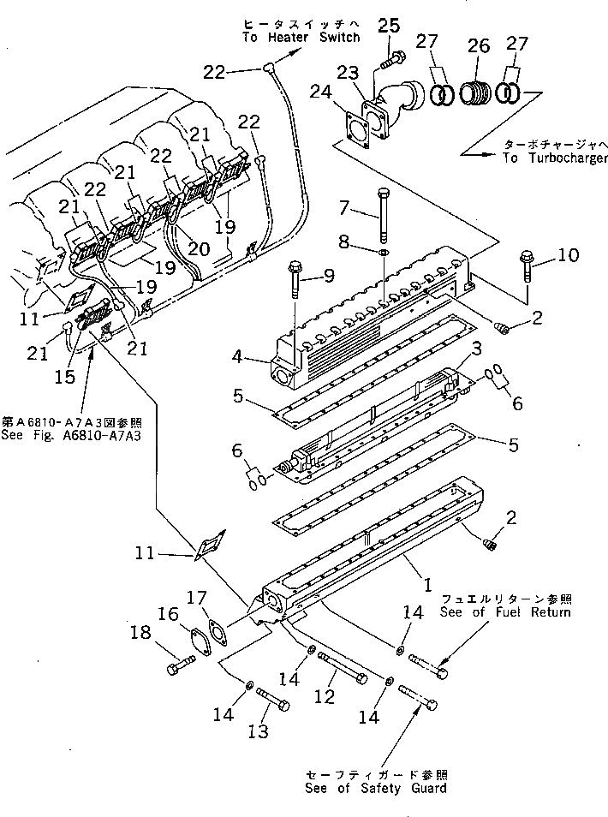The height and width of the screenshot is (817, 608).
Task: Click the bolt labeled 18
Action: coord(182,663)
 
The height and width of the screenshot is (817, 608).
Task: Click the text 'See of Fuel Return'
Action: coord(504,611)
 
